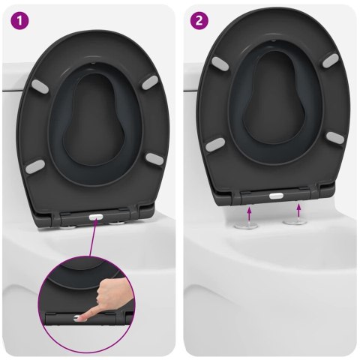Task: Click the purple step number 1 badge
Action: coord(16,19)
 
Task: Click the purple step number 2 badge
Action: coord(198,19)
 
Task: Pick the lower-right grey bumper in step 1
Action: coord(154,157)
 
